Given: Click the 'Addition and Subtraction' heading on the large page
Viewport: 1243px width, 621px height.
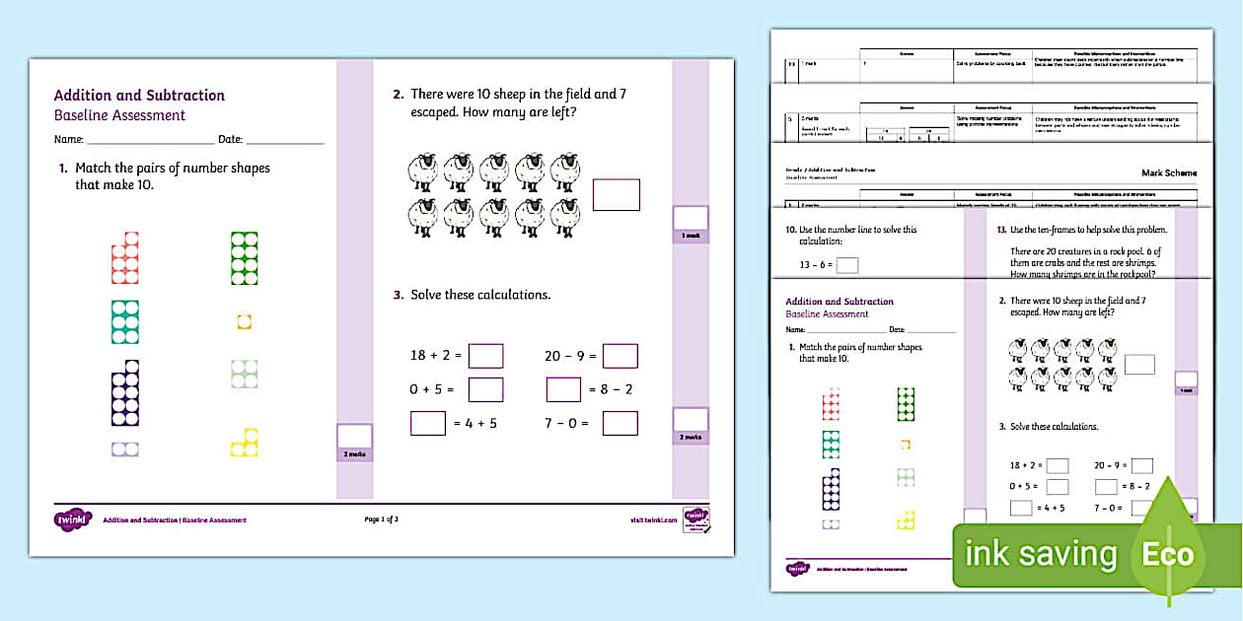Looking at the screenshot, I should (x=139, y=96).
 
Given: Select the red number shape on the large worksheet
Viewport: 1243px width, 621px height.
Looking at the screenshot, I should (x=125, y=257).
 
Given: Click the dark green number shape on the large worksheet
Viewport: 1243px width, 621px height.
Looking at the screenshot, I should (x=244, y=257).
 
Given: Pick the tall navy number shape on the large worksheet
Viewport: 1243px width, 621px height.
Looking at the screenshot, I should (x=125, y=392).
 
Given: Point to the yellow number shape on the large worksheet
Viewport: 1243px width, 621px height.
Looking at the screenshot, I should (x=245, y=444).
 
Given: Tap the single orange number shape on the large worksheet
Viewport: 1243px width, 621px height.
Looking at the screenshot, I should (x=245, y=321).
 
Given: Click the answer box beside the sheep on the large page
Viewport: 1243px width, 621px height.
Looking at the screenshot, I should (x=616, y=194).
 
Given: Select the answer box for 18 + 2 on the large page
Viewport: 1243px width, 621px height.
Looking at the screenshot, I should (x=485, y=356).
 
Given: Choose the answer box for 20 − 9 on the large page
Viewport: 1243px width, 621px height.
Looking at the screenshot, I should (x=621, y=356).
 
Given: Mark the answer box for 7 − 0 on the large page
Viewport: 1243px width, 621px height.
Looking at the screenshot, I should (x=621, y=423).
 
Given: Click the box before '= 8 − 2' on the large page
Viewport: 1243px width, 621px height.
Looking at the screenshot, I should (x=563, y=389).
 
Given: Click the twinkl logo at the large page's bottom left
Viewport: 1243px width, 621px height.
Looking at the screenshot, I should (x=73, y=519).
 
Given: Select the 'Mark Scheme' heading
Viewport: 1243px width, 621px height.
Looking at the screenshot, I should (x=1168, y=172).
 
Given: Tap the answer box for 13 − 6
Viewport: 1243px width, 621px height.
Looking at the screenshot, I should (x=847, y=264).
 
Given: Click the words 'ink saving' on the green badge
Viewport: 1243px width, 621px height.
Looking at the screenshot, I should (x=1040, y=555).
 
